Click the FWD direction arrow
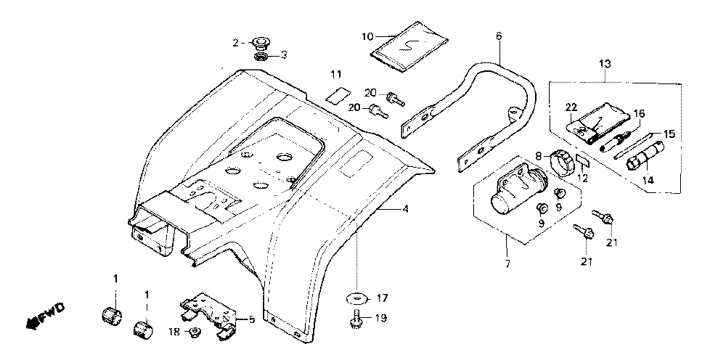[x=45, y=316]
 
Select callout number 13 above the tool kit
[x=605, y=63]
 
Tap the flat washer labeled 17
[x=358, y=298]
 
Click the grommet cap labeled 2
[x=261, y=44]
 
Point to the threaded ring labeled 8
[x=562, y=163]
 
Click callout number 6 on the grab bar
[x=498, y=36]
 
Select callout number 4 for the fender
[x=405, y=209]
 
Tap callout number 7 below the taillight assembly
[x=507, y=264]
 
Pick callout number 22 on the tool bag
[x=571, y=107]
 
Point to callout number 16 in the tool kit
[x=639, y=113]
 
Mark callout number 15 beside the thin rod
[x=669, y=134]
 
